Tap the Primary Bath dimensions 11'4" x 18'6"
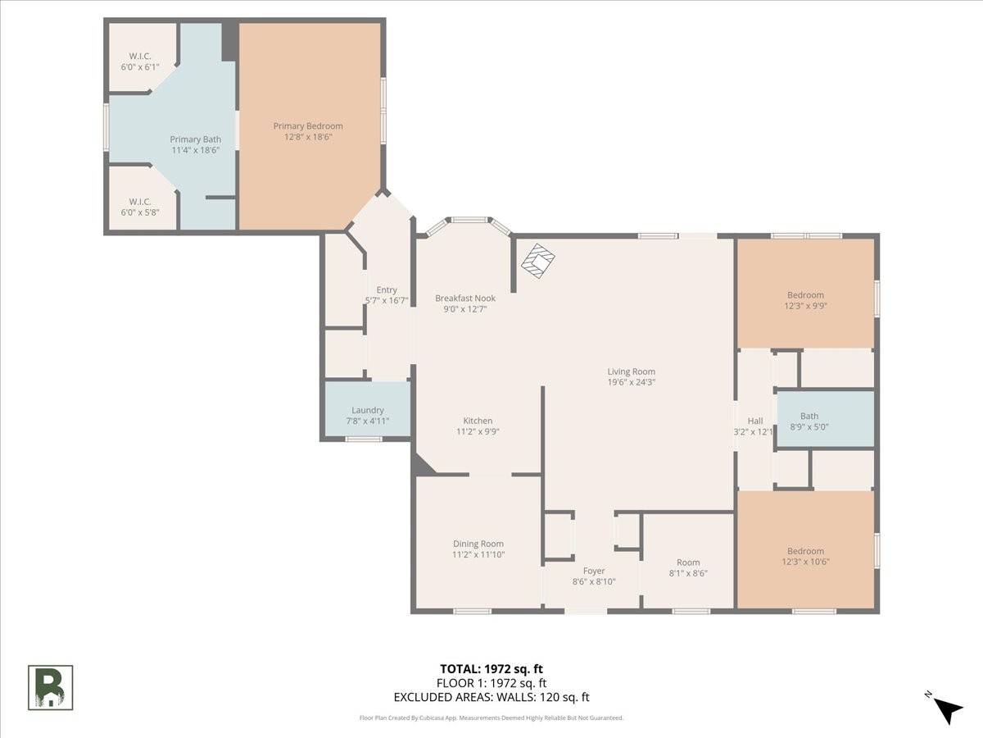[195, 150]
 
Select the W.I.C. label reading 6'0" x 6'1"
[140, 61]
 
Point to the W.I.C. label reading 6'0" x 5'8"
[140, 207]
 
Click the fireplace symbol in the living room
[538, 260]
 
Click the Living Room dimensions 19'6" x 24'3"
[632, 382]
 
